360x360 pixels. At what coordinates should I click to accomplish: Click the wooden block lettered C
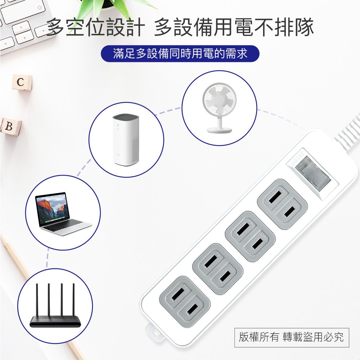point(21,82)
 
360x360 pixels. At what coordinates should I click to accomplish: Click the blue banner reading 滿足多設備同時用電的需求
point(180,54)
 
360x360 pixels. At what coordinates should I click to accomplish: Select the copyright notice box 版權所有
point(291,337)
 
